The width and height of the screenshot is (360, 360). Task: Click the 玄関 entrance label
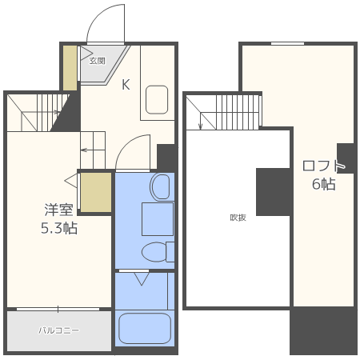click(x=97, y=61)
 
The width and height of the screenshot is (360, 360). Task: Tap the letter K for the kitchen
click(x=126, y=85)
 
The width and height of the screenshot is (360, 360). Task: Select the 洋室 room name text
click(x=58, y=210)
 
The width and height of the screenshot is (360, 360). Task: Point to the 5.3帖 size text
click(x=59, y=228)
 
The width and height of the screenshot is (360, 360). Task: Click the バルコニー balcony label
click(x=59, y=330)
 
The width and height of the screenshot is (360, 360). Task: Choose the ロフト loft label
click(x=324, y=166)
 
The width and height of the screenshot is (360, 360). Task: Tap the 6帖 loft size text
click(x=324, y=184)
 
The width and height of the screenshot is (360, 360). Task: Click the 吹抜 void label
click(x=238, y=218)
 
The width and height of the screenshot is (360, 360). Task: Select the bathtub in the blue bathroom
click(x=145, y=329)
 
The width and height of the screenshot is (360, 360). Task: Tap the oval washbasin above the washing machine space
click(x=160, y=187)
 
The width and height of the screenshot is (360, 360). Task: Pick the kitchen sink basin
click(x=157, y=99)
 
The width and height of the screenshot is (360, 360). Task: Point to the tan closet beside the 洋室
click(x=96, y=193)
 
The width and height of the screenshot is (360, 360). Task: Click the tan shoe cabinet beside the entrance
click(x=70, y=68)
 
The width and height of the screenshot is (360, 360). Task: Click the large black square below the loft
click(x=323, y=330)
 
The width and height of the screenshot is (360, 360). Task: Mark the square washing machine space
click(x=158, y=219)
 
